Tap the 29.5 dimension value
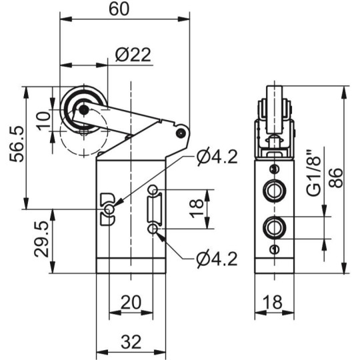tap(39, 241)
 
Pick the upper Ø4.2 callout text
tap(217, 157)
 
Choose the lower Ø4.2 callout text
tap(217, 259)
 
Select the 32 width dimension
tap(131, 342)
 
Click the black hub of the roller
tap(83, 110)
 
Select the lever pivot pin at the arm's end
tap(180, 133)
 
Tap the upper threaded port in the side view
tap(273, 191)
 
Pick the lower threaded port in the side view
tap(273, 227)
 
